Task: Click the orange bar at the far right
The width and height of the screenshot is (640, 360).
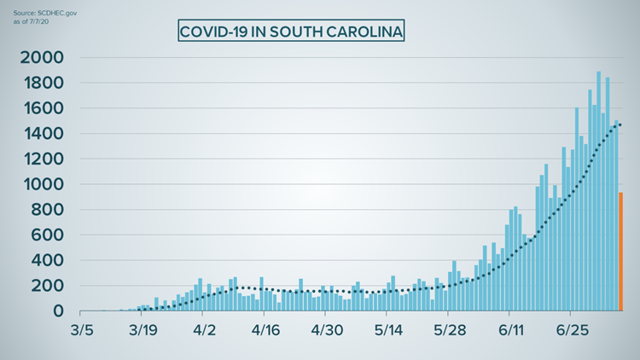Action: [620, 252]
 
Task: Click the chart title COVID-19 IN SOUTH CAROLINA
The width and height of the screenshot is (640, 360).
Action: [291, 32]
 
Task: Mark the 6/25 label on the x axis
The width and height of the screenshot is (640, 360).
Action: [573, 331]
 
